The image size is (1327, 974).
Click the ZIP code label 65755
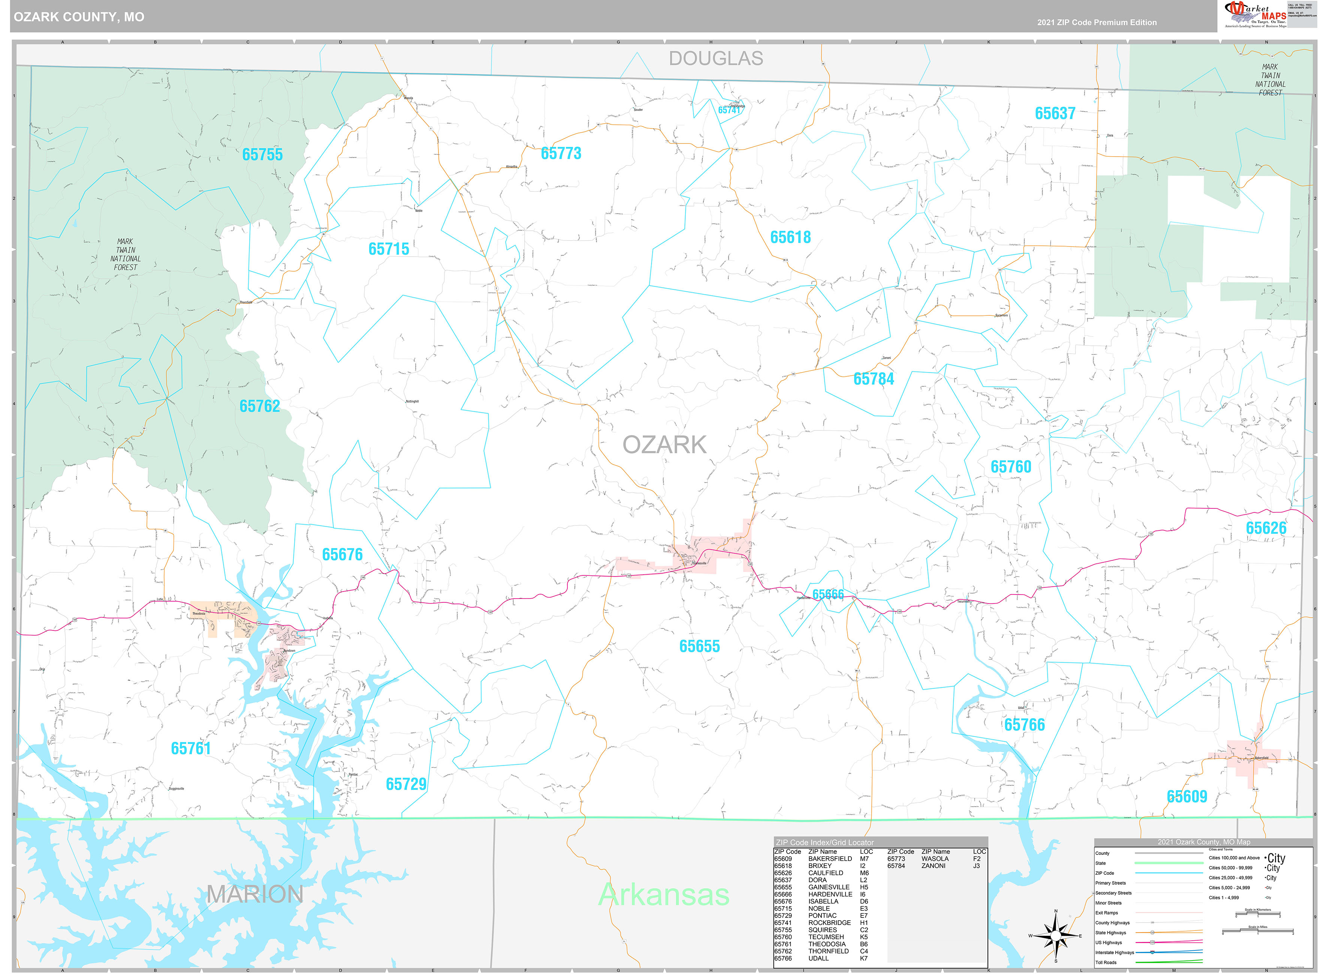click(262, 154)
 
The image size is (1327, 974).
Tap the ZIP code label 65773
click(561, 153)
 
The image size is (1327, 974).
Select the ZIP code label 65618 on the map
click(790, 237)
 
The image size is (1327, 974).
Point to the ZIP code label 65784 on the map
click(874, 379)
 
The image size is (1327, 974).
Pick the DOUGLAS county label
click(715, 58)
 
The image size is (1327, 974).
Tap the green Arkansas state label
click(664, 895)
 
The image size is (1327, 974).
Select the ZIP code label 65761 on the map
click(190, 748)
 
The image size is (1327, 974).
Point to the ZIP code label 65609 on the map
click(1186, 796)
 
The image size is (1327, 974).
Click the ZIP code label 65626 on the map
click(1266, 528)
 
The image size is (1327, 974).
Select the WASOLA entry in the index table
click(935, 859)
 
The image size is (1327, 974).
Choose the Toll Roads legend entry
click(1106, 963)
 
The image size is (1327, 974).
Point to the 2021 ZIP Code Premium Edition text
click(1097, 22)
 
